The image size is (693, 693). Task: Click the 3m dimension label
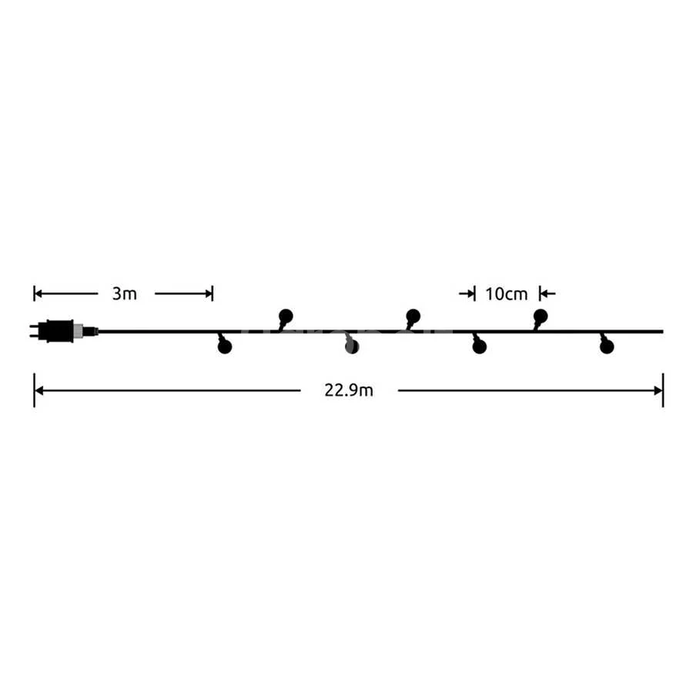click(x=124, y=293)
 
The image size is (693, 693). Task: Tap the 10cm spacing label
click(x=507, y=294)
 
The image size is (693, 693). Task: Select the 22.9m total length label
click(x=349, y=390)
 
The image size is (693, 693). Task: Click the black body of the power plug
click(x=55, y=330)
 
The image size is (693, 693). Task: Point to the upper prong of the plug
click(x=34, y=326)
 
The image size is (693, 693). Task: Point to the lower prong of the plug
click(x=34, y=336)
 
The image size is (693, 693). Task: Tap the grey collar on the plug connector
click(x=78, y=330)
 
